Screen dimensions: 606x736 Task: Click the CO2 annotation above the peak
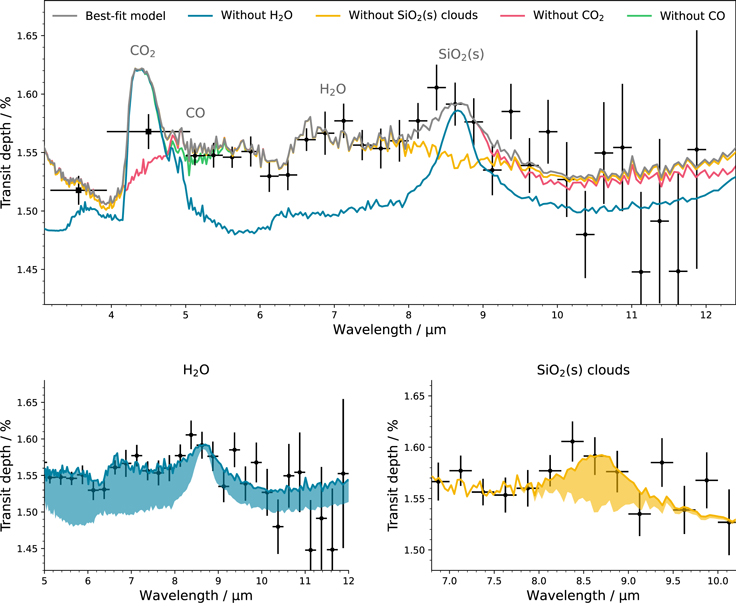[142, 51]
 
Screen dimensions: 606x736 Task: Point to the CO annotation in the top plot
[195, 113]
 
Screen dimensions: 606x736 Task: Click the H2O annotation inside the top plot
[333, 89]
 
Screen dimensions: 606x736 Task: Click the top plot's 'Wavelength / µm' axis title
[390, 330]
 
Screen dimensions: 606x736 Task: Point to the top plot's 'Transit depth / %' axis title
[9, 160]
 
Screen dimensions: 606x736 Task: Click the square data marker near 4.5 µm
[149, 131]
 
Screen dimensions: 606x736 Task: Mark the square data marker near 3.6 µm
[79, 190]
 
